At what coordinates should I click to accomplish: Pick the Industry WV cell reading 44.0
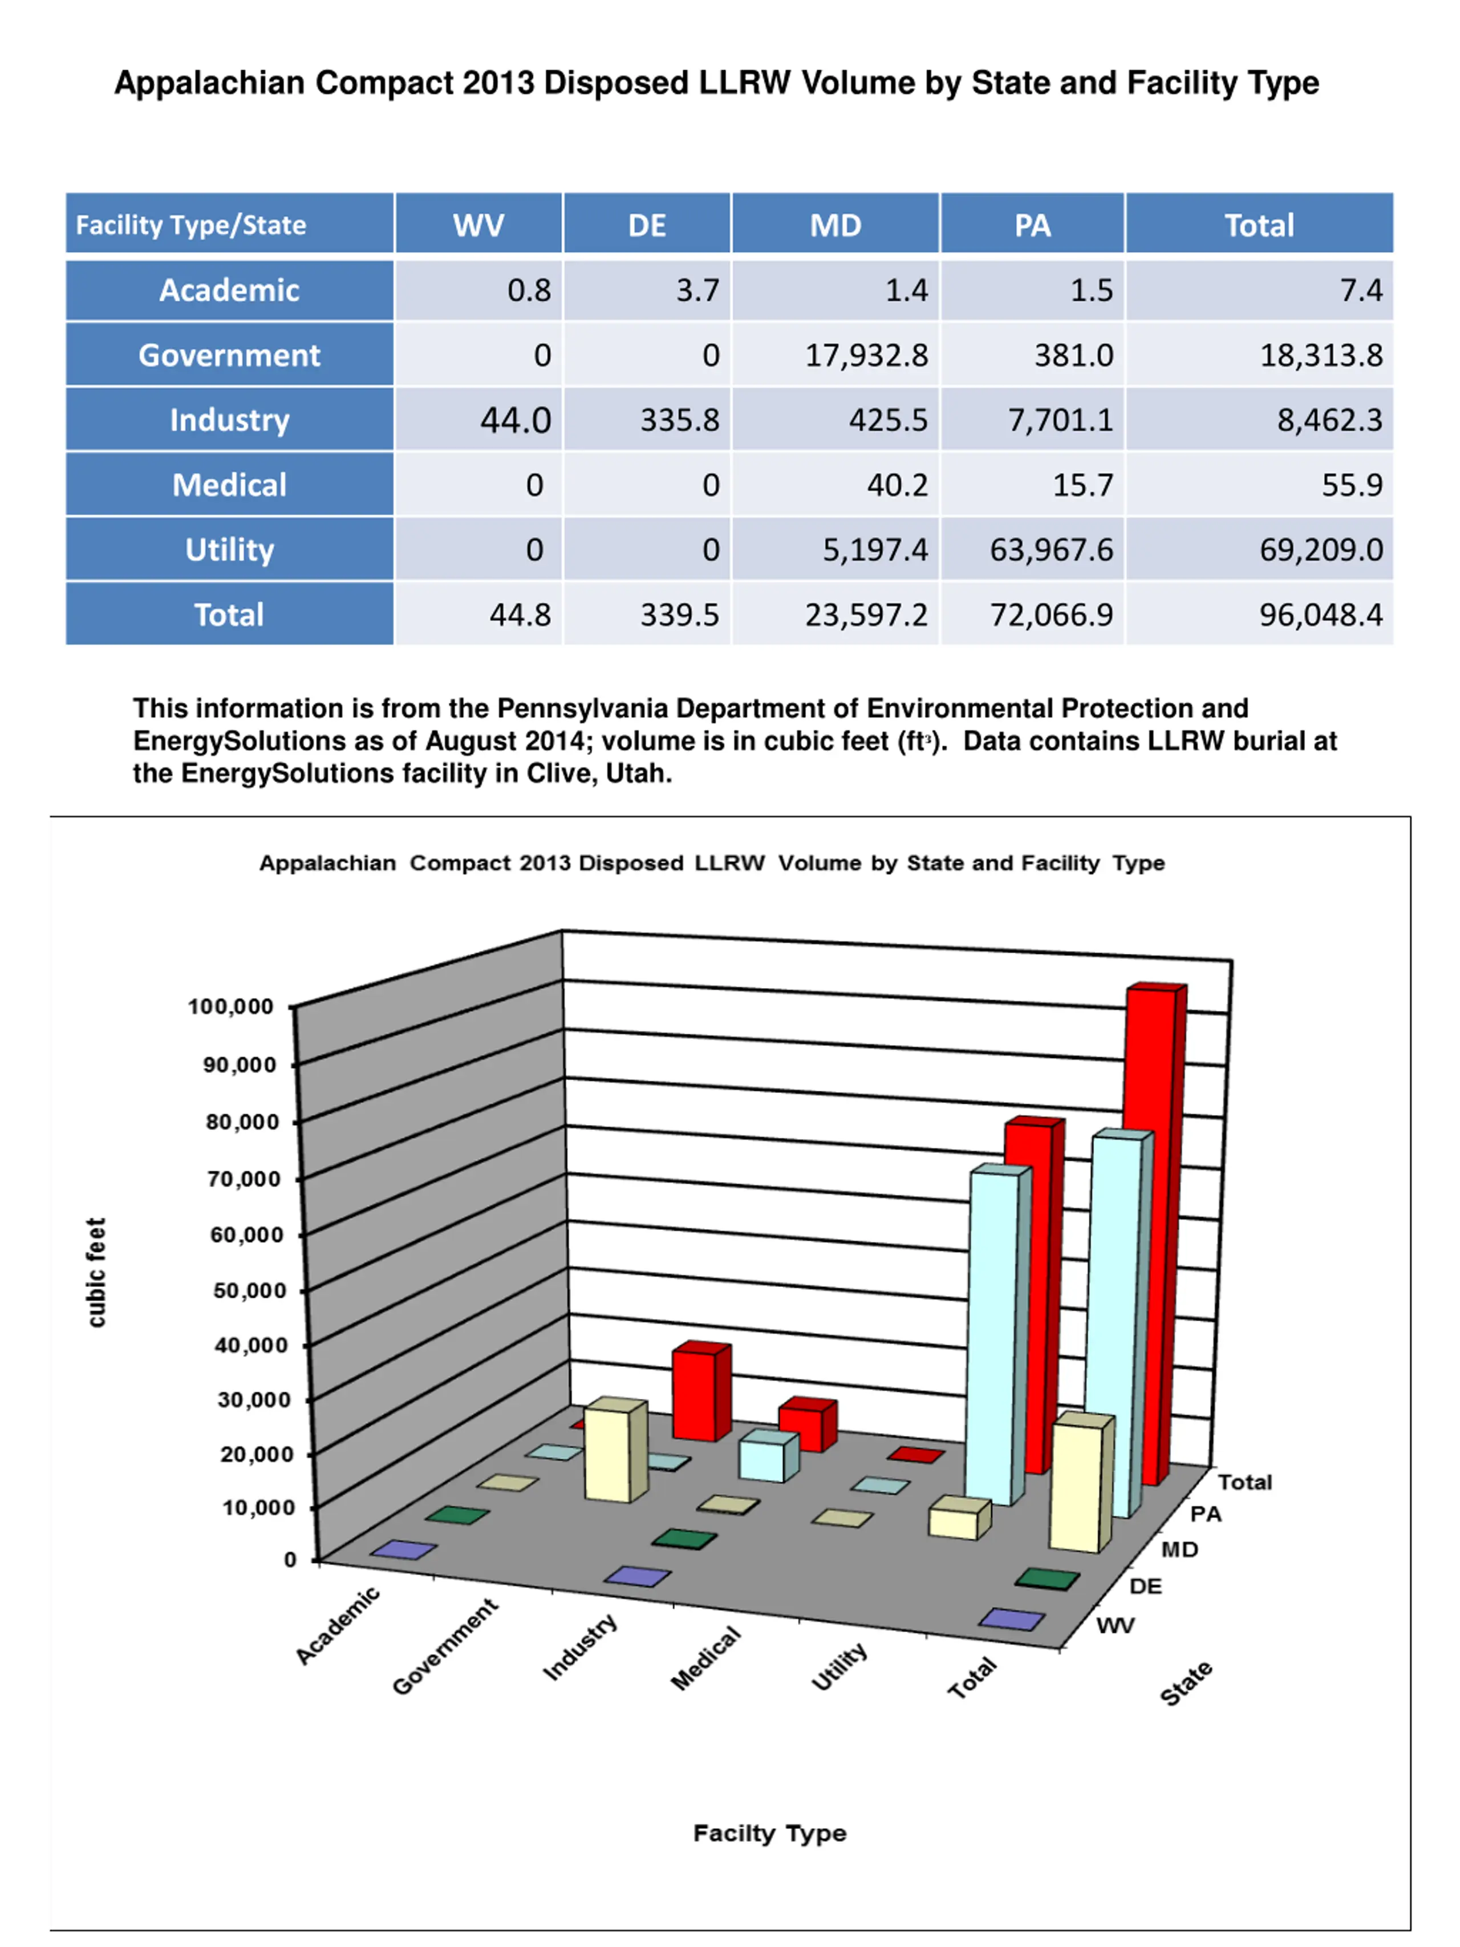515,421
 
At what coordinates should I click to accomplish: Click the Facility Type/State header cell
191,225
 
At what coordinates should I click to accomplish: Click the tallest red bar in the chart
1149,1232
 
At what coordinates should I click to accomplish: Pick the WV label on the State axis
1115,1626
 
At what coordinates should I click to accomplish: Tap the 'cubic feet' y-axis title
96,1272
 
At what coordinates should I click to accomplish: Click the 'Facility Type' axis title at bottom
769,1833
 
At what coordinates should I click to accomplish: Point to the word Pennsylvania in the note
585,709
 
